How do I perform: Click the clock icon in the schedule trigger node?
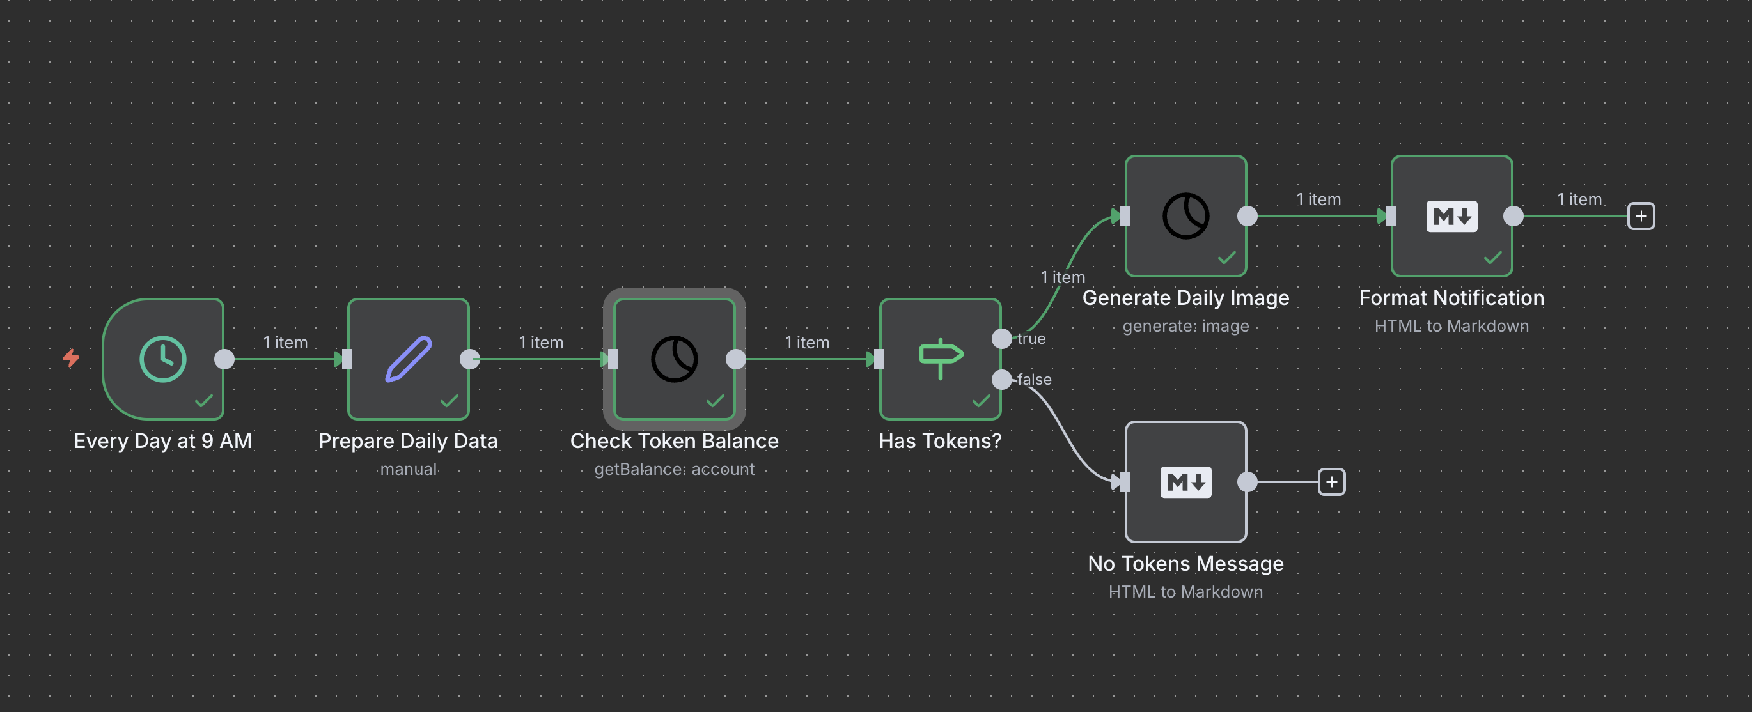click(x=162, y=359)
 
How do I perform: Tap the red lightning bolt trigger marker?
click(x=71, y=357)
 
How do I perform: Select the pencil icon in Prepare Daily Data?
click(x=408, y=359)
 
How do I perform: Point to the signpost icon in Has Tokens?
click(x=940, y=357)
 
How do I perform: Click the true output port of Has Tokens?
click(x=1001, y=338)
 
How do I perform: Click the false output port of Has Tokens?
click(x=1001, y=379)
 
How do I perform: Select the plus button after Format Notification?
click(x=1641, y=216)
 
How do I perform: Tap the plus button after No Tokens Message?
click(x=1331, y=482)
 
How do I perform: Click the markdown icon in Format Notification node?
click(x=1451, y=216)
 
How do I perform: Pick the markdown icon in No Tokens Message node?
click(x=1185, y=482)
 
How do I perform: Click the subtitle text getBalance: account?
click(x=673, y=469)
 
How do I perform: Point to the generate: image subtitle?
click(x=1185, y=327)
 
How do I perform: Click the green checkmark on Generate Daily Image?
click(x=1226, y=258)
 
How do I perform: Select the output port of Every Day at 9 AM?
click(x=224, y=359)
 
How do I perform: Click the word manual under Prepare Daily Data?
click(x=408, y=469)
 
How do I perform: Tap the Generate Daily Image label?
click(x=1185, y=298)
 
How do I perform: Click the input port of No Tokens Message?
click(x=1123, y=482)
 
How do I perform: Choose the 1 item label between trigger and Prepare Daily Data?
click(x=285, y=342)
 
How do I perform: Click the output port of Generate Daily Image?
click(x=1247, y=216)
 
